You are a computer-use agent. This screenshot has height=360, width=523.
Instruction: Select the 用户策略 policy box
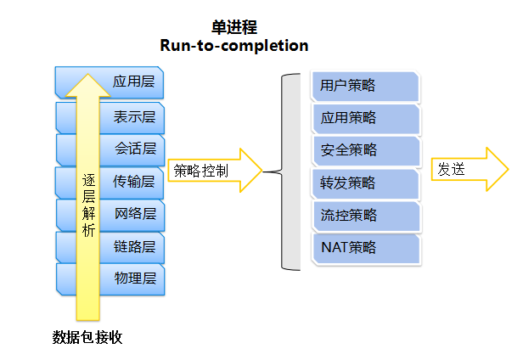tap(366, 86)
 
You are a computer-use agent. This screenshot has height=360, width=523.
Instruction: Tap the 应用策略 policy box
tap(366, 118)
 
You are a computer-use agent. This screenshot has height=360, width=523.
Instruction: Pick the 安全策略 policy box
tap(366, 150)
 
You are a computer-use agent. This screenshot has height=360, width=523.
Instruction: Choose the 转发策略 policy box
tap(366, 183)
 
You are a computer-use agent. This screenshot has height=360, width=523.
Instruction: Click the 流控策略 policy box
tap(366, 215)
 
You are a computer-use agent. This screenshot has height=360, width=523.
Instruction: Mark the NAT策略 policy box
tap(366, 248)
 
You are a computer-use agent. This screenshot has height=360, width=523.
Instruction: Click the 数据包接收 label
tap(88, 338)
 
